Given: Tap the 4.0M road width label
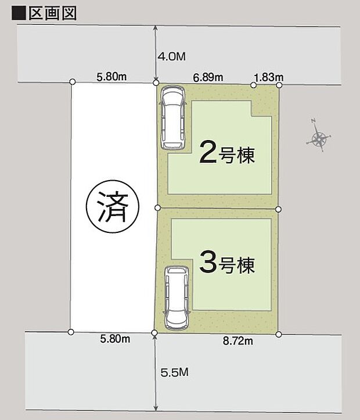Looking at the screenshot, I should [171, 56].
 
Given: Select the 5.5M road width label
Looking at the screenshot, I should [173, 372].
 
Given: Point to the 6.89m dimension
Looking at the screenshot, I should [207, 77].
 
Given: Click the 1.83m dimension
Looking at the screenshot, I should [268, 77].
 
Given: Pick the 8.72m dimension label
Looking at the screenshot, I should [238, 341].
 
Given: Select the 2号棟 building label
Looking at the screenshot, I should [227, 153].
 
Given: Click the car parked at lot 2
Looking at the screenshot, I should [172, 117].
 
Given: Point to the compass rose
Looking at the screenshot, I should [319, 138].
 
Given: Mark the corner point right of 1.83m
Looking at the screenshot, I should [279, 85].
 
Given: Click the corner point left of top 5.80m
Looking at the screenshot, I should [72, 82].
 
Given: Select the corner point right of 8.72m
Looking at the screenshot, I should [279, 334].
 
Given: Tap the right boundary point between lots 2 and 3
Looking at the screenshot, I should [278, 209].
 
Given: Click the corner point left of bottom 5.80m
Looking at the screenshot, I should [71, 332].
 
